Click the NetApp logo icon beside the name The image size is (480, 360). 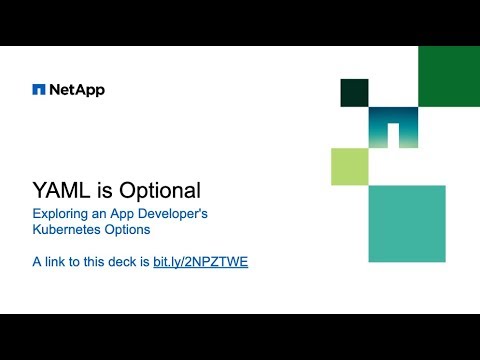pyautogui.click(x=39, y=90)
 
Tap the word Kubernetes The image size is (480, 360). pyautogui.click(x=67, y=229)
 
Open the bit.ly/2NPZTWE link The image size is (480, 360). pyautogui.click(x=200, y=263)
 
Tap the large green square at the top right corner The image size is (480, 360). pyautogui.click(x=448, y=76)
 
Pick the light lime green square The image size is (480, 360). pyautogui.click(x=350, y=166)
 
